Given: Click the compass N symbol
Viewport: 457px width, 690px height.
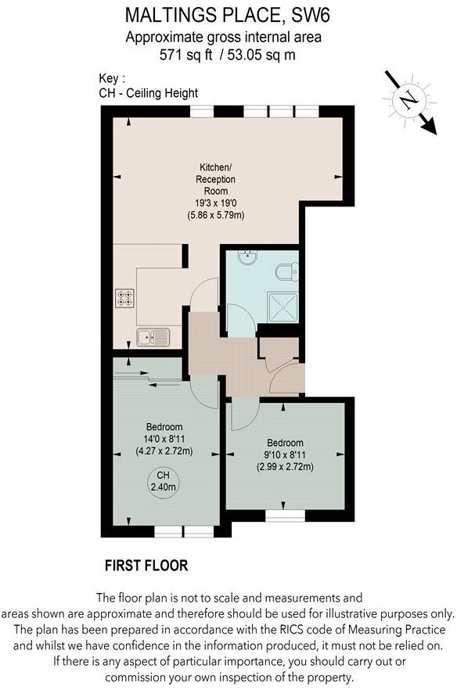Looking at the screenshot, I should pos(406,100).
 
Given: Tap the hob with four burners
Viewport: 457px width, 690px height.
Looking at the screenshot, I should pos(125,298).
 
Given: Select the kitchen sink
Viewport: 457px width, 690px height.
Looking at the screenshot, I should pos(153,336).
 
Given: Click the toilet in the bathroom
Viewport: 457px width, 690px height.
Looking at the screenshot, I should pos(287,271).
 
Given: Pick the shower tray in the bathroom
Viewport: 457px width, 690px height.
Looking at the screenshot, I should pos(284,307).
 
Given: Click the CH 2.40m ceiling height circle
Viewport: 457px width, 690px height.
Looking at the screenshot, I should pos(163,480).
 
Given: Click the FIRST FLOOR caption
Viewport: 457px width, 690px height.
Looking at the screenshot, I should pos(146,565).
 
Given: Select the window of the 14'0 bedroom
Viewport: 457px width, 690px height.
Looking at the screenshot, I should pos(178,530).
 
